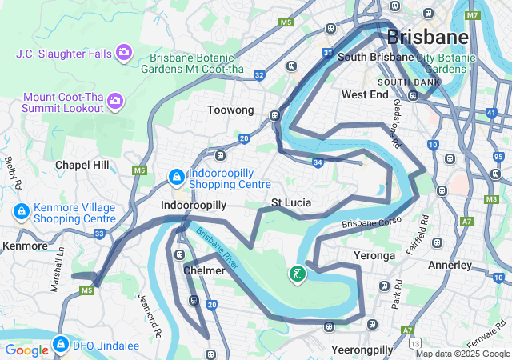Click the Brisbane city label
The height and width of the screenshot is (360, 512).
point(427,37)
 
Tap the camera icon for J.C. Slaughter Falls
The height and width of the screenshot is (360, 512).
point(124,53)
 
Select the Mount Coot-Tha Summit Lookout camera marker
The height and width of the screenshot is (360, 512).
point(115,100)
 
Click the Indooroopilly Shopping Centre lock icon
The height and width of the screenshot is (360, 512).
point(175,175)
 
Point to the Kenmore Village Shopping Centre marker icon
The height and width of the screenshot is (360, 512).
point(22,212)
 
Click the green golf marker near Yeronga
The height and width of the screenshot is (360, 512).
point(298,274)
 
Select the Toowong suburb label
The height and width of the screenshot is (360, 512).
point(230,110)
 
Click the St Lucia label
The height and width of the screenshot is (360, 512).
point(291,202)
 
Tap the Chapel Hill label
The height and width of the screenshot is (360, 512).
point(82,164)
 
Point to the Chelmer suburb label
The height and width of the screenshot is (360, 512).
point(204,270)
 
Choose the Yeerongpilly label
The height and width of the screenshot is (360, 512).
point(362,350)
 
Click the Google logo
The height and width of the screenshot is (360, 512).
point(26,350)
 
